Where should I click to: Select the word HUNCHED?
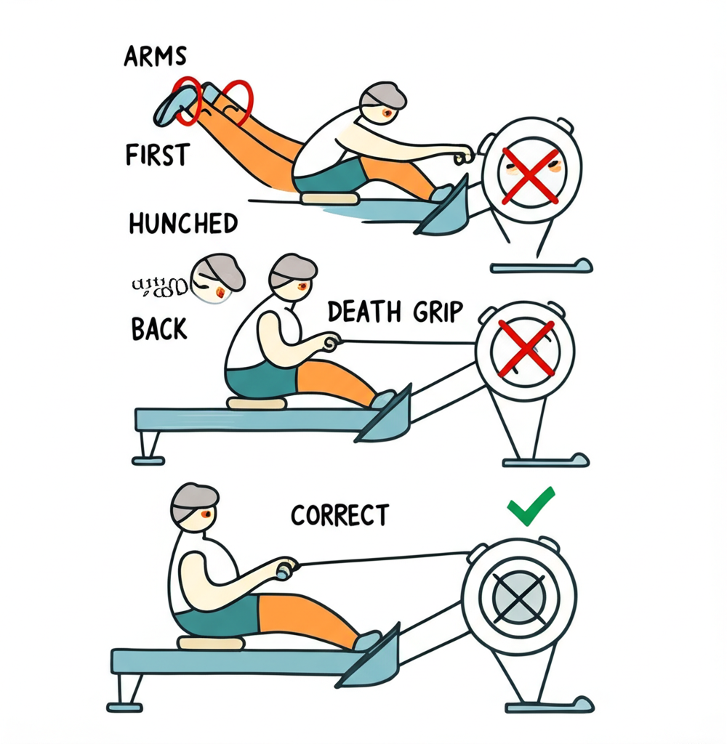(183, 223)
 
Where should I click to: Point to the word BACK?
(159, 328)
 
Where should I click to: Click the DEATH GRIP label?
(395, 312)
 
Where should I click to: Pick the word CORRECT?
(340, 515)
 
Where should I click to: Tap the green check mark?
(531, 506)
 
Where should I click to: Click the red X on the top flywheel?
(531, 174)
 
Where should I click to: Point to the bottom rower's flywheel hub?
(518, 597)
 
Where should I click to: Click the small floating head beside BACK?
(216, 278)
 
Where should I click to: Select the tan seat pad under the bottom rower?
(211, 643)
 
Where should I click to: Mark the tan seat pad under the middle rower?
(257, 403)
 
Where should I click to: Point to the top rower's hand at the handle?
(462, 155)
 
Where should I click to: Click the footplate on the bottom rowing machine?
(371, 658)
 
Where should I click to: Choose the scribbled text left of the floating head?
(160, 286)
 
